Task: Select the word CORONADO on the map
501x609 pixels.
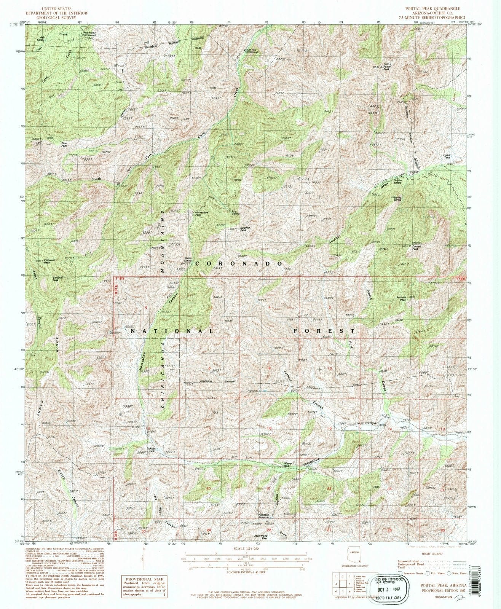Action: point(239,263)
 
